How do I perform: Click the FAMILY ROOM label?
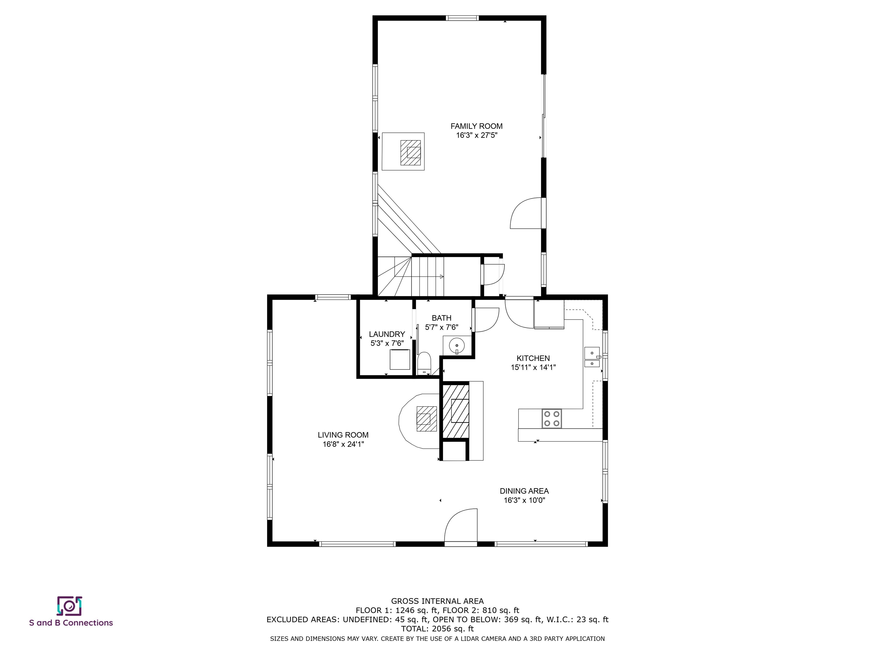pyautogui.click(x=476, y=126)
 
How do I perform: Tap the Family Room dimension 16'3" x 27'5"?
pyautogui.click(x=476, y=135)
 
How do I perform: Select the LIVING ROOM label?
pyautogui.click(x=343, y=435)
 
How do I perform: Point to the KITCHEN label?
pyautogui.click(x=533, y=358)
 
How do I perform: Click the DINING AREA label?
pyautogui.click(x=524, y=491)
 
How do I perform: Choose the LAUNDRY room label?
pyautogui.click(x=387, y=334)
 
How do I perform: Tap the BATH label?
pyautogui.click(x=441, y=318)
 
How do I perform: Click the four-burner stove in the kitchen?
pyautogui.click(x=551, y=419)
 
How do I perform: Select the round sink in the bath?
pyautogui.click(x=457, y=345)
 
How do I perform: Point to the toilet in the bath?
pyautogui.click(x=424, y=363)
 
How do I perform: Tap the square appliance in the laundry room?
pyautogui.click(x=400, y=360)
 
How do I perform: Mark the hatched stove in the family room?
pyautogui.click(x=410, y=153)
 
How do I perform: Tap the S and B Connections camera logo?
pyautogui.click(x=69, y=606)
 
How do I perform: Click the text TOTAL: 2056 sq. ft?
pyautogui.click(x=437, y=628)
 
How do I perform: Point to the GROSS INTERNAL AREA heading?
pyautogui.click(x=437, y=601)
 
